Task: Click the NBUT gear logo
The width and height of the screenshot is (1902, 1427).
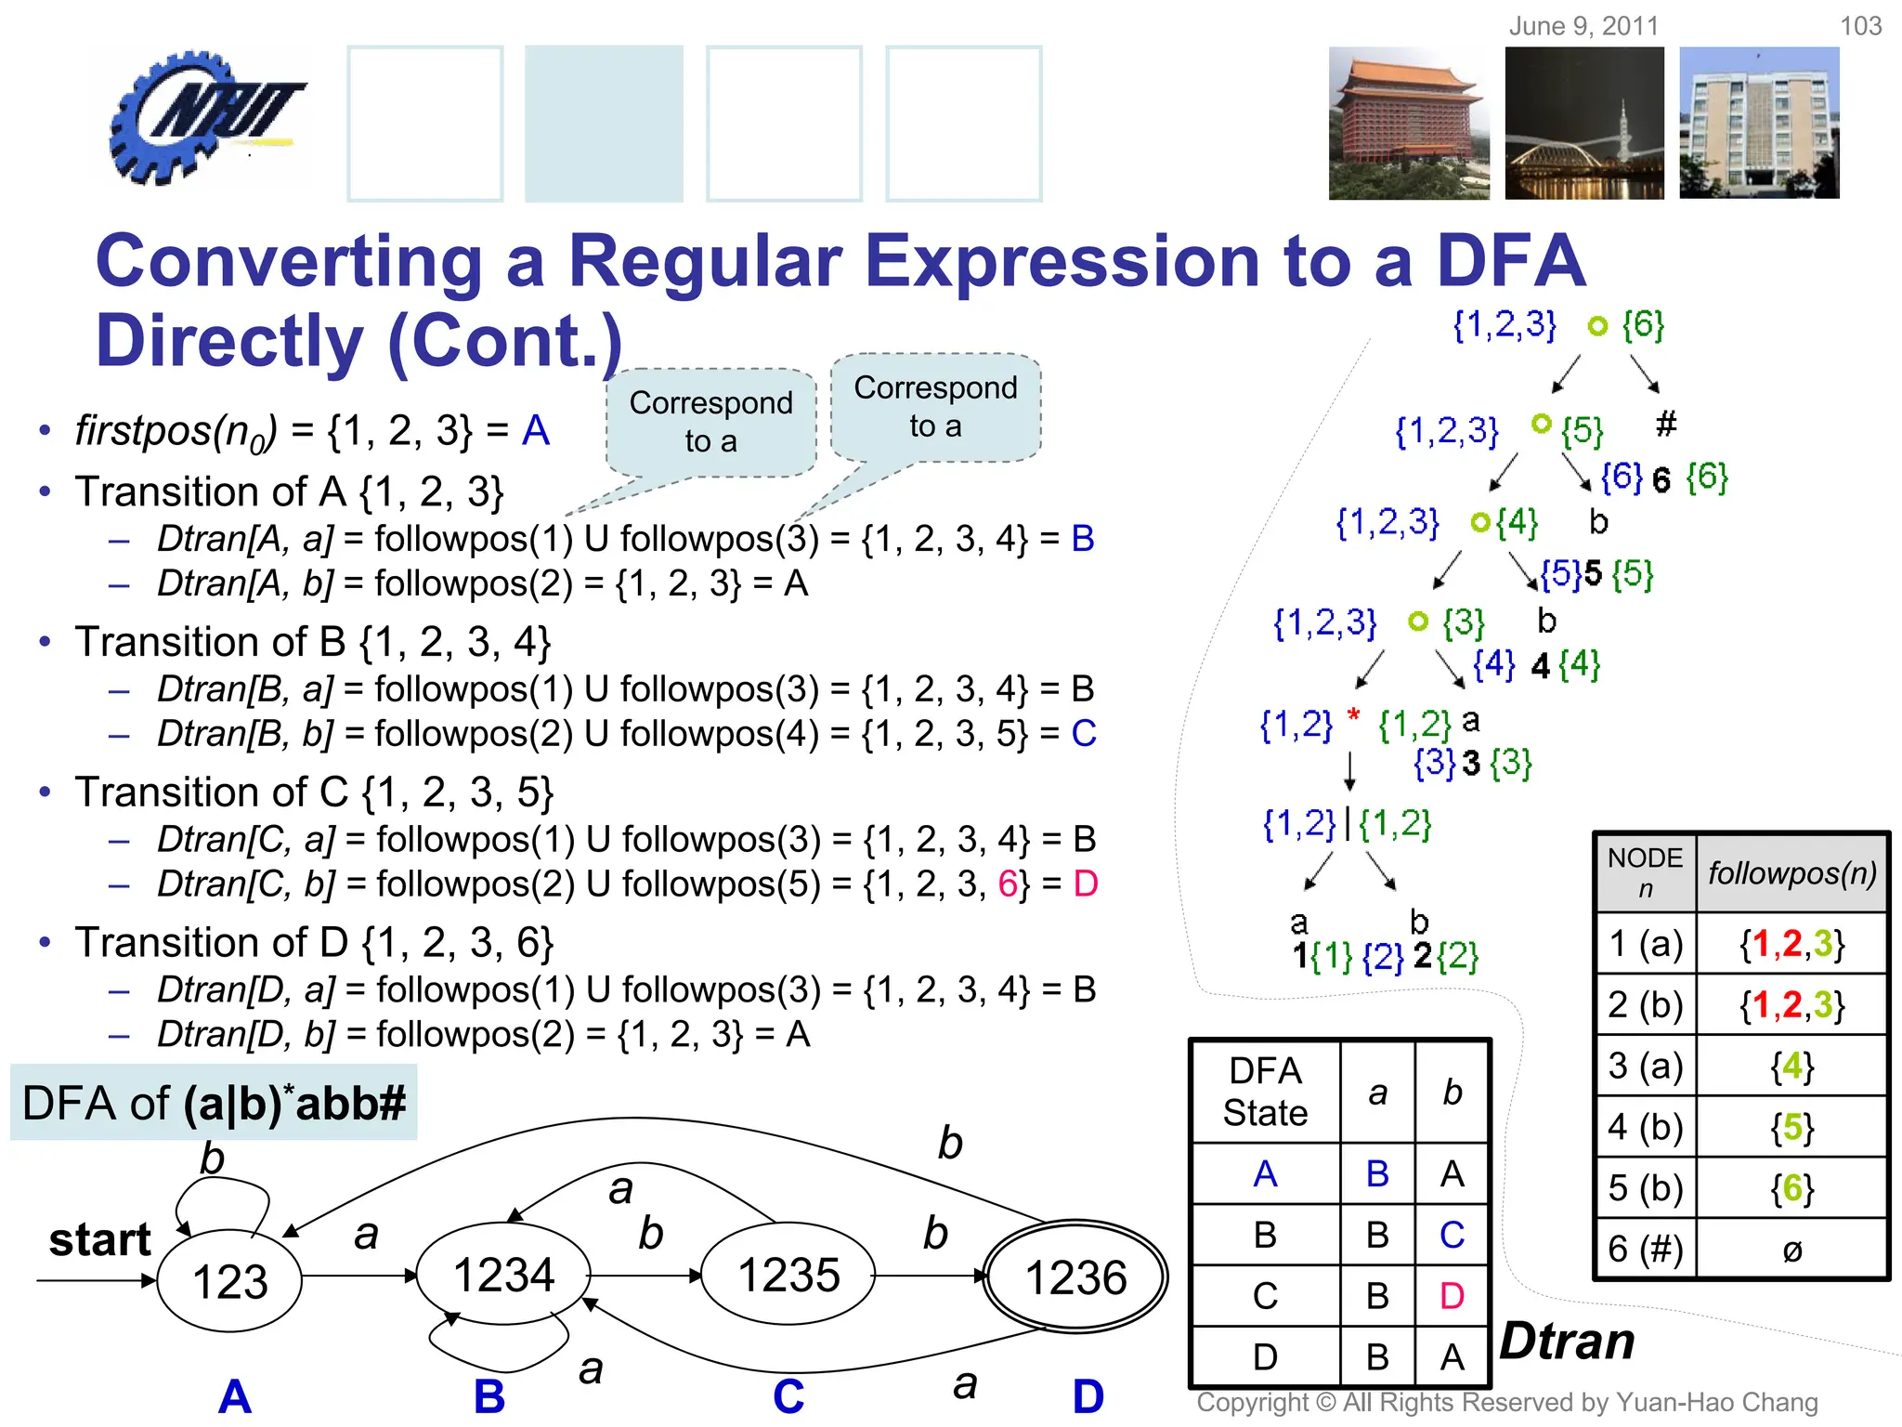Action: pos(206,118)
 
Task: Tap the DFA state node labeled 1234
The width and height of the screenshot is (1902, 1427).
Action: pos(503,1275)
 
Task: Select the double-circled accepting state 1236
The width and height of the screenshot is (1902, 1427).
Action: pos(1075,1277)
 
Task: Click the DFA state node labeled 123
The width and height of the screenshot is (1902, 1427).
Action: pos(229,1281)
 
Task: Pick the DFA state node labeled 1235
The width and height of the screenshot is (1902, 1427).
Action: pos(788,1275)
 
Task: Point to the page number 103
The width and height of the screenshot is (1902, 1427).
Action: pos(1860,26)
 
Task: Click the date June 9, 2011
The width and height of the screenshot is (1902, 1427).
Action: pos(1583,26)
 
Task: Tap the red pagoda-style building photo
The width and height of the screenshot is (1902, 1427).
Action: pos(1408,124)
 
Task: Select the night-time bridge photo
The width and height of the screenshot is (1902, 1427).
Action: pos(1584,124)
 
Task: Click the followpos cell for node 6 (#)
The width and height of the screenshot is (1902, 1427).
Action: pos(1791,1250)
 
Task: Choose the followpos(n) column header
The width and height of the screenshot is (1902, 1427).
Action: pos(1791,873)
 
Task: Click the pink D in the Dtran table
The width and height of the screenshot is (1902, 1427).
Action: pos(1453,1296)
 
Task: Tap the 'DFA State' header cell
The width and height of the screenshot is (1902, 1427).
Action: pos(1265,1092)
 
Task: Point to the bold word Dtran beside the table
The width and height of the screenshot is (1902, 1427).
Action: pos(1568,1341)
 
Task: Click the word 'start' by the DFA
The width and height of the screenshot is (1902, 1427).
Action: pos(99,1239)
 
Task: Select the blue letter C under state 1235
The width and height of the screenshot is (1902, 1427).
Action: pos(788,1396)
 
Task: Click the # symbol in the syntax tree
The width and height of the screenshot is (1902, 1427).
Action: pos(1666,424)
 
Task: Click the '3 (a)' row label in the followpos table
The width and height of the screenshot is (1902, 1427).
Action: pos(1646,1066)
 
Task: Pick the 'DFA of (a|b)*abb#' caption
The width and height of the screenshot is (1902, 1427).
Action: pos(214,1103)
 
